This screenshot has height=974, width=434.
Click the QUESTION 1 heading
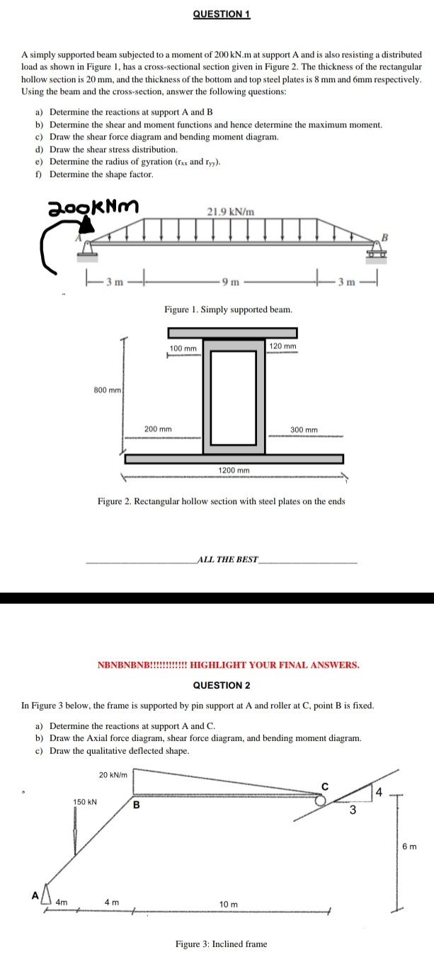click(x=222, y=14)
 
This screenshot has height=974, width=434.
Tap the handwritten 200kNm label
click(x=93, y=207)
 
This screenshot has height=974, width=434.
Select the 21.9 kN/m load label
click(x=231, y=211)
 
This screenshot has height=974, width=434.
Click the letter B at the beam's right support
click(x=386, y=235)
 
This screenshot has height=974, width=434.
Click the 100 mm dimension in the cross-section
click(x=183, y=349)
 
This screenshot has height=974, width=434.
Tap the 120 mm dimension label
click(x=282, y=345)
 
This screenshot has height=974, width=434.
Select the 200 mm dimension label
click(x=158, y=429)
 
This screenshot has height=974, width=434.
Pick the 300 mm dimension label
click(x=304, y=430)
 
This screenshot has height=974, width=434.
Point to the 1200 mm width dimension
click(x=234, y=470)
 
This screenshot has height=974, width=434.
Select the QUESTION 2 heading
click(x=222, y=685)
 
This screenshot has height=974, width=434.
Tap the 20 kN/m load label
click(x=113, y=775)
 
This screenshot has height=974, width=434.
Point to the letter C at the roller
click(x=326, y=786)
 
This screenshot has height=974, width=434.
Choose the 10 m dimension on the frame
click(x=229, y=904)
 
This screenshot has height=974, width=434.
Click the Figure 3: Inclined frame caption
click(x=222, y=944)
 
